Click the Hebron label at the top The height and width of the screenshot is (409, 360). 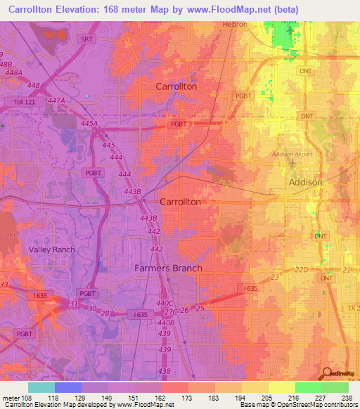click(x=235, y=24)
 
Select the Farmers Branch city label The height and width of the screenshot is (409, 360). click(x=168, y=268)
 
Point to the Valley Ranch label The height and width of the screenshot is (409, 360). click(x=51, y=249)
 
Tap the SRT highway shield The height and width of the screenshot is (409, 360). click(x=86, y=39)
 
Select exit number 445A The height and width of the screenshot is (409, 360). click(x=89, y=123)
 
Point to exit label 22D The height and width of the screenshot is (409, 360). click(x=301, y=270)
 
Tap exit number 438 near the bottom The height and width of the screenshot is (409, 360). click(x=165, y=370)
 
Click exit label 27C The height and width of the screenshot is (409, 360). click(x=168, y=311)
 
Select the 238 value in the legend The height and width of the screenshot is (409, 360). click(x=347, y=397)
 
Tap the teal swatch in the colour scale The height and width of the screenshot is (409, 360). click(x=41, y=387)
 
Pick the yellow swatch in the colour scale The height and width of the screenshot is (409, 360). click(x=282, y=387)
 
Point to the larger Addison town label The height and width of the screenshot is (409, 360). click(x=306, y=182)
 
